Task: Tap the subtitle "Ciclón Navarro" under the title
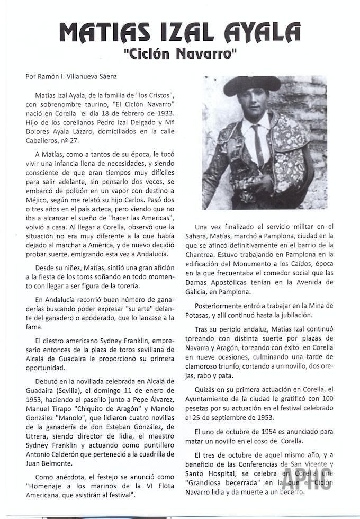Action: tap(179, 54)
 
